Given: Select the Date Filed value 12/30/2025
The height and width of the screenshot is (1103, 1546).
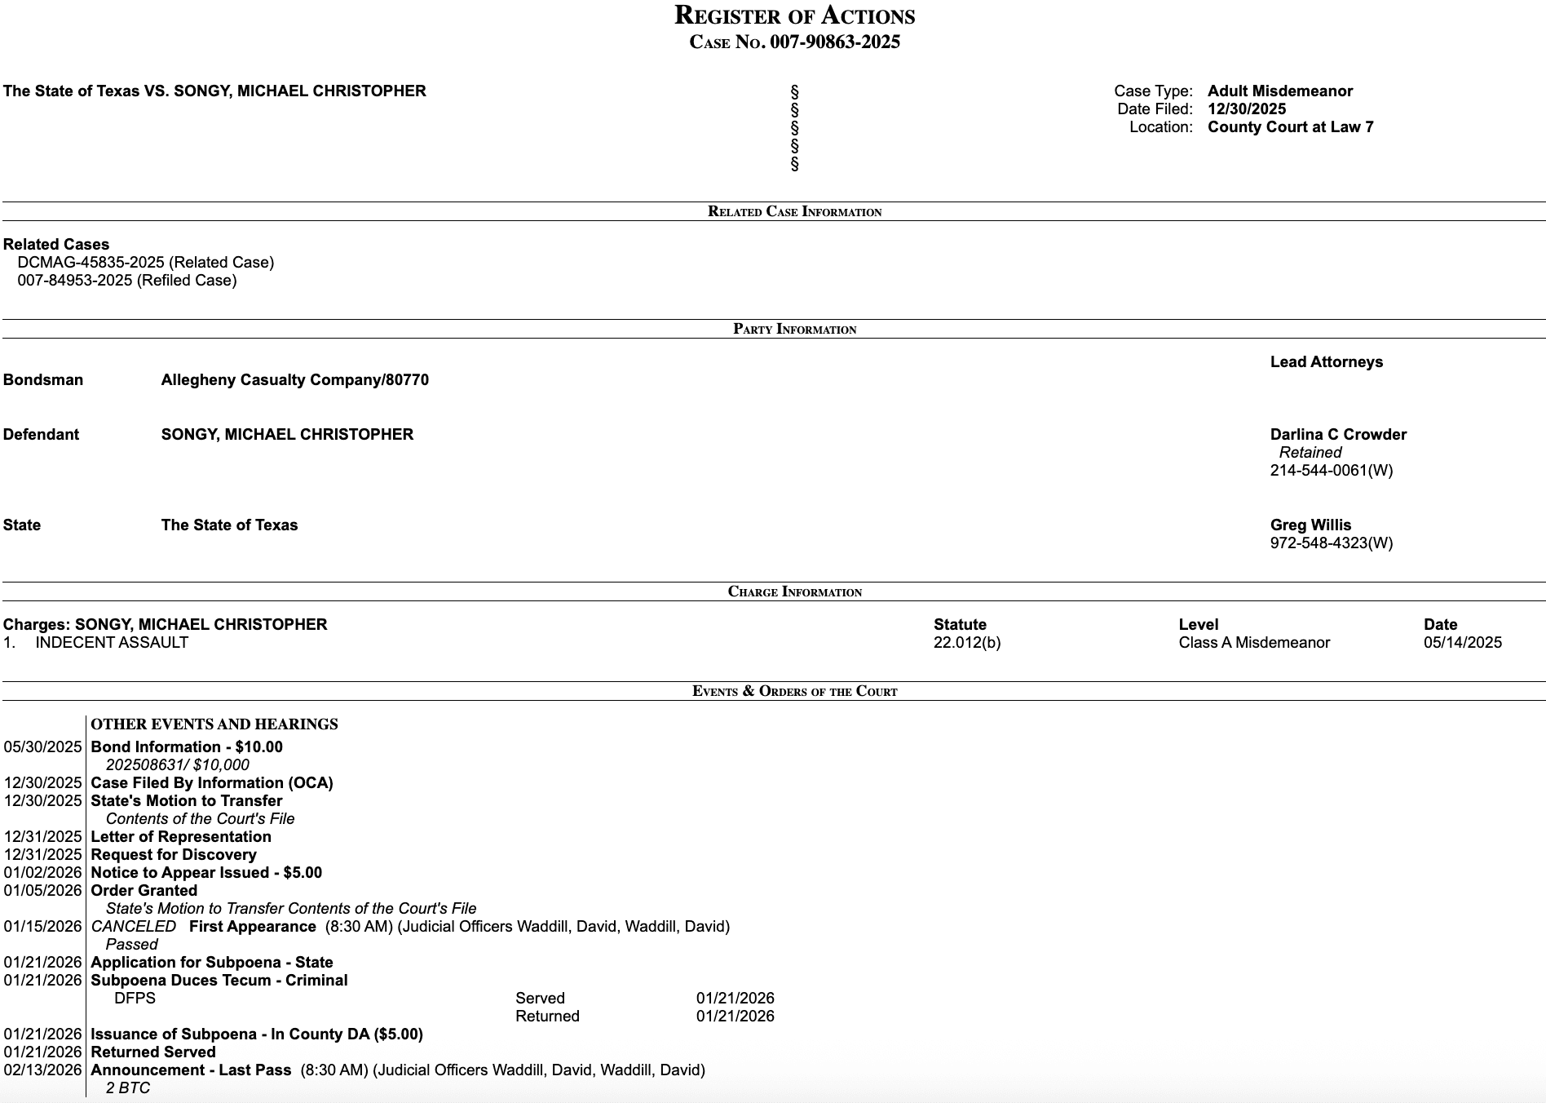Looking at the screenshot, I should click(1247, 109).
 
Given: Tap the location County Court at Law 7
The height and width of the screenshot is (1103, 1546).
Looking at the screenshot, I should click(1290, 127).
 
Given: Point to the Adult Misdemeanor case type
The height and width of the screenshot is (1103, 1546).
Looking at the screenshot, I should click(1279, 91).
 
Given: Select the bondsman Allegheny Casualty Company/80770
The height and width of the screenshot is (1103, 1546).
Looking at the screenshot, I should click(294, 380).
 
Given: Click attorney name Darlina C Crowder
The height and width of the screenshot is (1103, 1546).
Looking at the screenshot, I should click(1338, 435).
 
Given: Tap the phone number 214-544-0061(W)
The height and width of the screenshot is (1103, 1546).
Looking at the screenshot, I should click(1331, 471).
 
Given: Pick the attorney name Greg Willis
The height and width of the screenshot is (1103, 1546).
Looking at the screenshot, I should click(1310, 525).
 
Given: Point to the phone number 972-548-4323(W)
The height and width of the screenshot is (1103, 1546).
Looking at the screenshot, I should click(1331, 543).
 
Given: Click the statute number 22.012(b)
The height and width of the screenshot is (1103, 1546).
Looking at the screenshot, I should click(966, 643).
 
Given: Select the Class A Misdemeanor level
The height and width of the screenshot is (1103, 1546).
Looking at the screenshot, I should click(1253, 643).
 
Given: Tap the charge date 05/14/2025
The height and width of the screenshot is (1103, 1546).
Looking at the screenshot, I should click(1462, 643).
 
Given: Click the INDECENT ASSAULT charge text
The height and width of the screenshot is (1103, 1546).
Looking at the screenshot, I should click(112, 643).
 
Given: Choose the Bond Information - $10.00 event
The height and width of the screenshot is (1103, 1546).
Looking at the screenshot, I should click(187, 747).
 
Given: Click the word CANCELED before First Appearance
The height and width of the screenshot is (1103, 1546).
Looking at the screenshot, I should click(134, 927).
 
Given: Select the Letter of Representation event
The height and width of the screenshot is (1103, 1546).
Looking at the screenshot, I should click(181, 837).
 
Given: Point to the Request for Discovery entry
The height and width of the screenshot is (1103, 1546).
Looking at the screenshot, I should click(174, 855).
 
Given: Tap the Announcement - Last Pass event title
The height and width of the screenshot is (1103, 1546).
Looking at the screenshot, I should click(191, 1070).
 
